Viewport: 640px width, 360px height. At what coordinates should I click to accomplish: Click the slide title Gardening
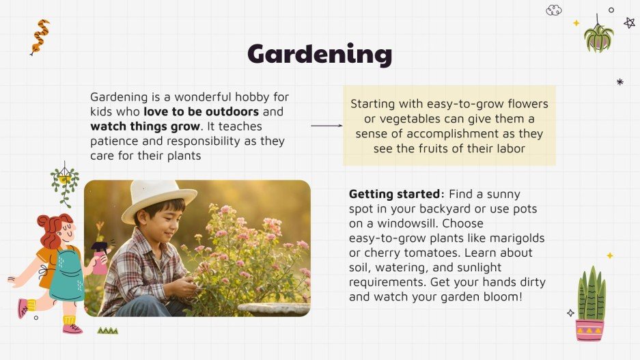pyautogui.click(x=320, y=54)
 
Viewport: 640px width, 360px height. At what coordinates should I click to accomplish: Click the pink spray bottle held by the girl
pyautogui.click(x=100, y=258)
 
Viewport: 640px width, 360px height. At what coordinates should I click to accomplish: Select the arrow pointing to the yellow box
pyautogui.click(x=326, y=126)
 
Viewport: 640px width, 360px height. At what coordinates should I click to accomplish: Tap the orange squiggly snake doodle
pyautogui.click(x=40, y=36)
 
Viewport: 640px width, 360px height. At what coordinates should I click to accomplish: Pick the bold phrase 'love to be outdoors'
pyautogui.click(x=201, y=111)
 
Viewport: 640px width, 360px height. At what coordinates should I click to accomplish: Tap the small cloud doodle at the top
pyautogui.click(x=554, y=10)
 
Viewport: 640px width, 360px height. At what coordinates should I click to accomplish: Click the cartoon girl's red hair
pyautogui.click(x=53, y=228)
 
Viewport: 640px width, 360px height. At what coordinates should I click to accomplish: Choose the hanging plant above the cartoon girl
pyautogui.click(x=65, y=182)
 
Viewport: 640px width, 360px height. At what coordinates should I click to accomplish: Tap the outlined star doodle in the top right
pyautogui.click(x=629, y=23)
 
